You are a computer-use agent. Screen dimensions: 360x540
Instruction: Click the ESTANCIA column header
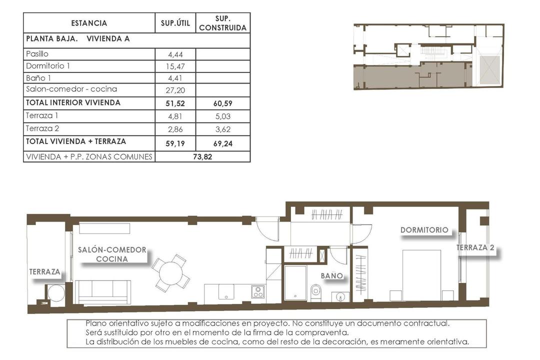point(89,23)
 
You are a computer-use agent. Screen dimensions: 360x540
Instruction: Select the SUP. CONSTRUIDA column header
point(222,23)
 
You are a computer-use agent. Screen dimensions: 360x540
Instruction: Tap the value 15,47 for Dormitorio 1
point(175,66)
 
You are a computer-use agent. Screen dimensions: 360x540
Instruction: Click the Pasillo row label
point(37,54)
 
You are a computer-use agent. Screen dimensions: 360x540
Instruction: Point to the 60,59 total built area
point(222,103)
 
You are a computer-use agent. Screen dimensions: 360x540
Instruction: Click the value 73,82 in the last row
point(202,156)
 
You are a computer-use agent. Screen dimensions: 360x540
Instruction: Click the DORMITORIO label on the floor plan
point(424,230)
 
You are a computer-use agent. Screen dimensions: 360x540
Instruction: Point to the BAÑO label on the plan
point(332,275)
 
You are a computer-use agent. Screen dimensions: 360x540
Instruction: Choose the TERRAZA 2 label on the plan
point(475,247)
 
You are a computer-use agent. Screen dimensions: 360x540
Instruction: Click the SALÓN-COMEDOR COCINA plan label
point(112,254)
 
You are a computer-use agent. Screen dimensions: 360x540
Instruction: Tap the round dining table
point(170,273)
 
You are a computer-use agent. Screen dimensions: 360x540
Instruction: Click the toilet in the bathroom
point(316,291)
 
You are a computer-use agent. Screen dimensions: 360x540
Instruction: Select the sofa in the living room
point(103,292)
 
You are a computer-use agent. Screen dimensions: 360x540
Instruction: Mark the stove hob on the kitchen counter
point(258,291)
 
